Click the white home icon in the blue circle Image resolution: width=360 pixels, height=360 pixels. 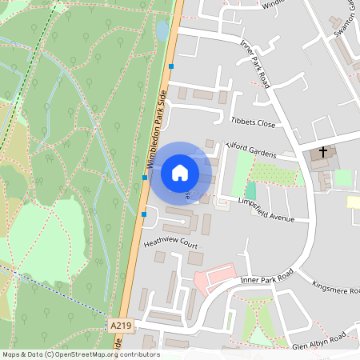[x=180, y=172]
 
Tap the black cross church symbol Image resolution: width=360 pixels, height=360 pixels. [x=323, y=150]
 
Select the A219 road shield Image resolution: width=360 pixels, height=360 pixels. [x=120, y=325]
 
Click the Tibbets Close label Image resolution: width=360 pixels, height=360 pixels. [x=253, y=123]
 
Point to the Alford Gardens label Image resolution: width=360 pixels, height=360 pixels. [x=251, y=149]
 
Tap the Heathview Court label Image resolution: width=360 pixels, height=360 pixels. [x=170, y=242]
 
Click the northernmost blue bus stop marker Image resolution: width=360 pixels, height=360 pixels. [x=171, y=66]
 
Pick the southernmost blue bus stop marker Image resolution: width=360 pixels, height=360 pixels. [x=143, y=214]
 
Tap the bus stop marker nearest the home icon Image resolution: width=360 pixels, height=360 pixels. [x=145, y=178]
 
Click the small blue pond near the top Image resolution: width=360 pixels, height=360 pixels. [x=162, y=30]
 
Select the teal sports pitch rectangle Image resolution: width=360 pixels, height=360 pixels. [x=250, y=190]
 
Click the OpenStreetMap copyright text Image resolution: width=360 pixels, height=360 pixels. [x=80, y=354]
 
